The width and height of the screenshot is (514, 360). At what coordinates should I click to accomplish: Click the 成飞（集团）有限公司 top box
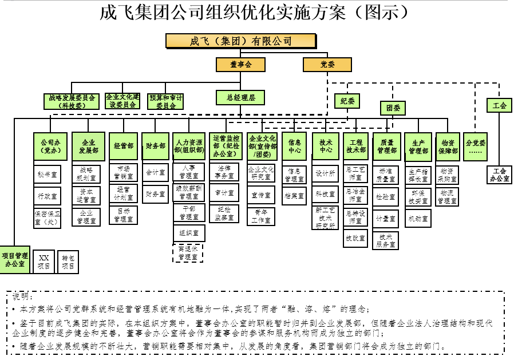pyautogui.click(x=240, y=41)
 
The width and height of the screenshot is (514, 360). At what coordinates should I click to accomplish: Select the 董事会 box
pyautogui.click(x=240, y=65)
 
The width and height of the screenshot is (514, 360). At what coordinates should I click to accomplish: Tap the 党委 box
pyautogui.click(x=327, y=65)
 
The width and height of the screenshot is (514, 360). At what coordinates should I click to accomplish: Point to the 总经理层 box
pyautogui.click(x=240, y=98)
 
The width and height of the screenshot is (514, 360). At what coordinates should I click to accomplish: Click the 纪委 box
pyautogui.click(x=347, y=101)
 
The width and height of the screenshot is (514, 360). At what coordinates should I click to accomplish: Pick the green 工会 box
pyautogui.click(x=499, y=105)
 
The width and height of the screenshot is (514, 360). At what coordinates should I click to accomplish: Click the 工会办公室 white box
pyautogui.click(x=499, y=175)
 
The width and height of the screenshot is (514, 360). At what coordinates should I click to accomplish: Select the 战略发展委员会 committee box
pyautogui.click(x=73, y=101)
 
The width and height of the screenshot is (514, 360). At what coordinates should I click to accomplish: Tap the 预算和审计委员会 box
pyautogui.click(x=166, y=101)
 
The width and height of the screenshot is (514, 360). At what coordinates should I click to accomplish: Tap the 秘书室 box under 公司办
pyautogui.click(x=47, y=174)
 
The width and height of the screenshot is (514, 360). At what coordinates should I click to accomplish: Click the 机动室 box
pyautogui.click(x=418, y=218)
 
